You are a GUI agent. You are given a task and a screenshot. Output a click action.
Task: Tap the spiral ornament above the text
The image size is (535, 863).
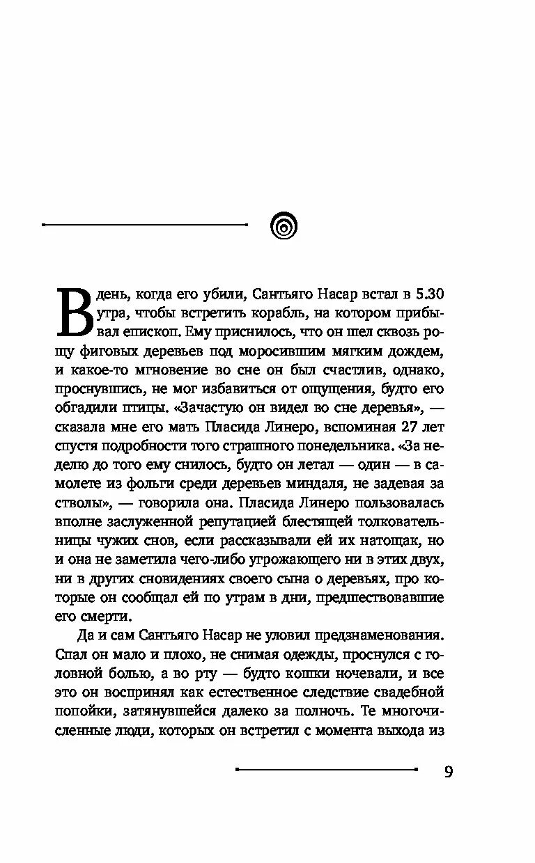point(283,225)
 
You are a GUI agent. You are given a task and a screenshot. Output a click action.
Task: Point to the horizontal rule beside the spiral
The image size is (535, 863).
point(145,225)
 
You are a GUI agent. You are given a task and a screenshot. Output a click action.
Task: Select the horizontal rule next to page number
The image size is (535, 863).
point(327,769)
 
